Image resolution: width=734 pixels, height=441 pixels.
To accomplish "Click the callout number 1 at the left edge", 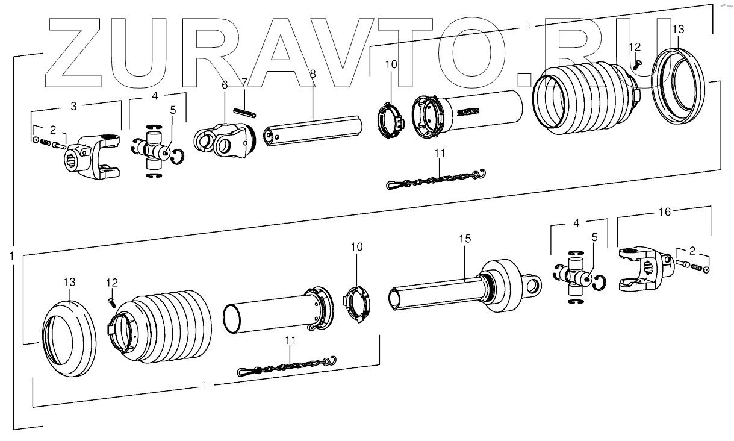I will coord(11,255).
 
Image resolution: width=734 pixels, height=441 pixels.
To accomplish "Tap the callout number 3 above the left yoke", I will coord(74,106).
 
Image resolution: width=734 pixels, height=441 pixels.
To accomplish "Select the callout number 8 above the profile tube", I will coord(313,73).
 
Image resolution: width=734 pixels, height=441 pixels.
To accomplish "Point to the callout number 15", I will coord(464,239).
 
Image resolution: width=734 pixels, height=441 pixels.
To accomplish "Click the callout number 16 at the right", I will coord(664,211).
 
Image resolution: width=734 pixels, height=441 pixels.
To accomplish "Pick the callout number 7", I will coord(244,81).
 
